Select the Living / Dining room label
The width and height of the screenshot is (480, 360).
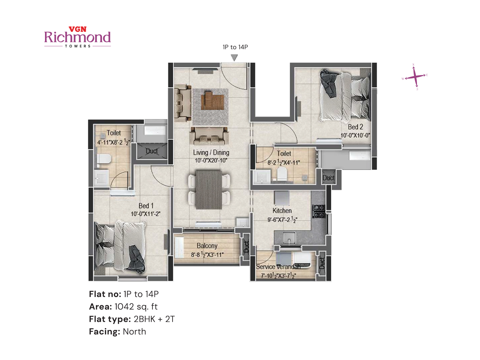click(x=211, y=153)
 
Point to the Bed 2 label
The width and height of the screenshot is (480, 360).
click(x=355, y=127)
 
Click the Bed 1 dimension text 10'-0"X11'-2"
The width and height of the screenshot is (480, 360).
click(x=145, y=214)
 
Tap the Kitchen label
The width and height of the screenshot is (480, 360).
click(x=282, y=211)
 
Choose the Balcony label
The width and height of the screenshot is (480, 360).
click(x=207, y=246)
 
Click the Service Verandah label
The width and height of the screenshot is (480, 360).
click(x=278, y=267)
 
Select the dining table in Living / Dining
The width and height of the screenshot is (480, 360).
click(x=209, y=190)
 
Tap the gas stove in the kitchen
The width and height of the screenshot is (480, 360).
click(x=319, y=211)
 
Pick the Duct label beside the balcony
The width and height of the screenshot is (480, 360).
click(x=246, y=247)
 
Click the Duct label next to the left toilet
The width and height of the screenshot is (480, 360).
click(x=152, y=151)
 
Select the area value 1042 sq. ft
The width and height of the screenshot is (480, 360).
click(x=136, y=307)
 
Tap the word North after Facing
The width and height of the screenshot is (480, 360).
click(x=134, y=331)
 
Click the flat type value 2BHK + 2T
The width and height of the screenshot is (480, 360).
click(x=154, y=319)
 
